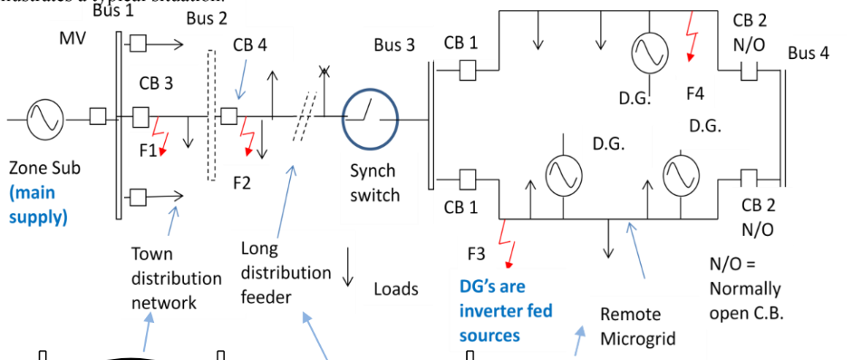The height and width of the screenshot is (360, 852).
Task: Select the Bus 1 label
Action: [x=112, y=11]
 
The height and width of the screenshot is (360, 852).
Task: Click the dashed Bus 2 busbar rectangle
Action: [x=212, y=115]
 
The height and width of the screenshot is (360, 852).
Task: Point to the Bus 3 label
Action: [x=394, y=45]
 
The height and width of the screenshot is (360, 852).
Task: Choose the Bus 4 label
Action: [x=808, y=54]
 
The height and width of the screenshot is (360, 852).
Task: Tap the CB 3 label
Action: [x=155, y=83]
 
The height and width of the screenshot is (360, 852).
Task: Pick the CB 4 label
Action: [x=249, y=44]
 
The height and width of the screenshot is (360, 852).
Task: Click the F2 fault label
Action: [x=241, y=182]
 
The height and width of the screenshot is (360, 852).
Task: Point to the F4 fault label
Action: [x=695, y=92]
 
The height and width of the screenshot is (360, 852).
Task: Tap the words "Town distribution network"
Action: [x=163, y=278]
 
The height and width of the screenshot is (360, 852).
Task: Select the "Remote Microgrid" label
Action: [x=638, y=326]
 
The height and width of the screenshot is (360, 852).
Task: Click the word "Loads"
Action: [x=396, y=289]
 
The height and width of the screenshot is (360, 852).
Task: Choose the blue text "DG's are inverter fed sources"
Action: [x=505, y=311]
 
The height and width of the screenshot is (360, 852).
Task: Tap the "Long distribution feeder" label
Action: [x=286, y=272]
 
